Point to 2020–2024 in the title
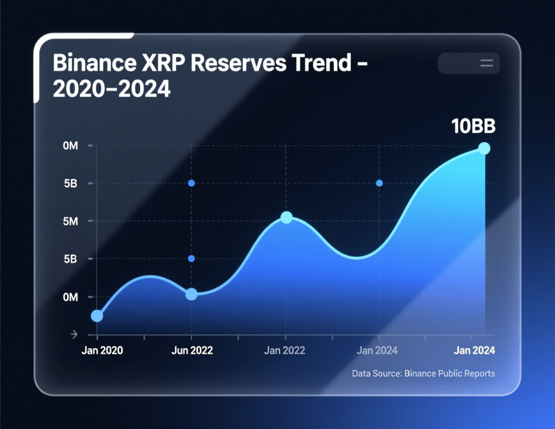(112, 89)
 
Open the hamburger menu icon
(486, 64)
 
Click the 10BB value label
(473, 127)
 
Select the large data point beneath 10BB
(484, 149)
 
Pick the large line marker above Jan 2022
(287, 217)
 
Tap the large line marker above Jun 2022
(191, 294)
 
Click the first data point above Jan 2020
(97, 316)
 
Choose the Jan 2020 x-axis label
(102, 350)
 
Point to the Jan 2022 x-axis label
(285, 350)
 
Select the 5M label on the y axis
(70, 221)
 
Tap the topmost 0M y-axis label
(70, 146)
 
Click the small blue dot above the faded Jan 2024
(379, 183)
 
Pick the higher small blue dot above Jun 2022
(191, 183)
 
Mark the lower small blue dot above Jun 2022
(191, 258)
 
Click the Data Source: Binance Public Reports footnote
(423, 374)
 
